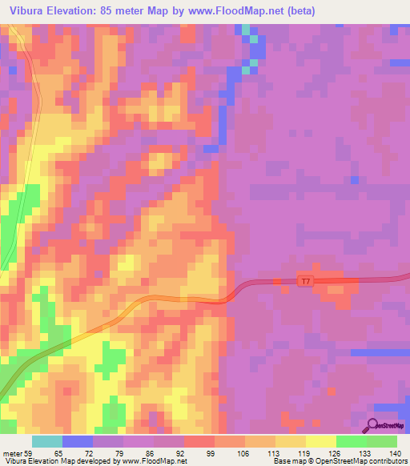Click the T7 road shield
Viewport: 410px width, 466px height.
(304, 280)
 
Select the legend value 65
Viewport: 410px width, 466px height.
(58, 452)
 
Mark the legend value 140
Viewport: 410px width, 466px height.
(394, 452)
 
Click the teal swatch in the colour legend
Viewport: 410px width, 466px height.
(47, 441)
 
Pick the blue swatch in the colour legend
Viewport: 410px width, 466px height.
(78, 441)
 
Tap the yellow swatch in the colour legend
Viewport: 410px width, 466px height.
(321, 441)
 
